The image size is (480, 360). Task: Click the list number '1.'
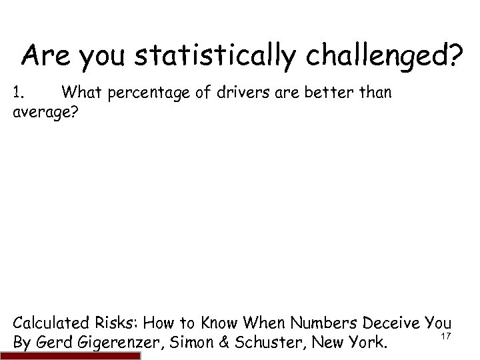click(19, 94)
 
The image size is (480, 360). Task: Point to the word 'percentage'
click(141, 95)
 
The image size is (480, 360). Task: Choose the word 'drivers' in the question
click(232, 94)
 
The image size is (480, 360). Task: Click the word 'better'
click(321, 94)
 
